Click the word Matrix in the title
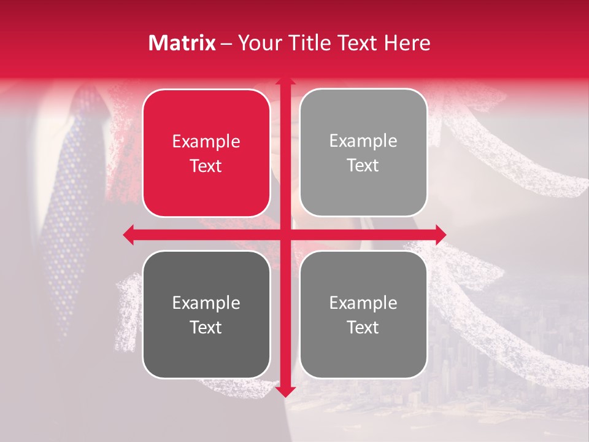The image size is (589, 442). pos(182,43)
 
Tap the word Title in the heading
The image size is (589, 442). pos(309,43)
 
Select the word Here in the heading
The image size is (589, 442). pos(407,43)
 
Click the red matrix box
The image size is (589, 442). pos(206,153)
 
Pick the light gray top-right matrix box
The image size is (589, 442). pos(363,153)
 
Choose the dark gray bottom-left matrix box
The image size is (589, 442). pos(206,314)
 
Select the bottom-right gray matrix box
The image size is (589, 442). pos(363,314)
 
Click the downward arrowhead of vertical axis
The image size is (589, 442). pos(285,390)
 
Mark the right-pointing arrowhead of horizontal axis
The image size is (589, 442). pos(440,235)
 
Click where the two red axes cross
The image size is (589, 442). pos(285,235)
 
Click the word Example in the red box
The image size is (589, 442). pos(206,142)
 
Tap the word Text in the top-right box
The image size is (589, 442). pos(363,166)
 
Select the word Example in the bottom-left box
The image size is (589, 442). pos(206,303)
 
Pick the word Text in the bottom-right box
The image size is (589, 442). pos(363,327)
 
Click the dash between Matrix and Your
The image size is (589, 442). pos(226,44)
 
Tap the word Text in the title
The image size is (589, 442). pos(358,43)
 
